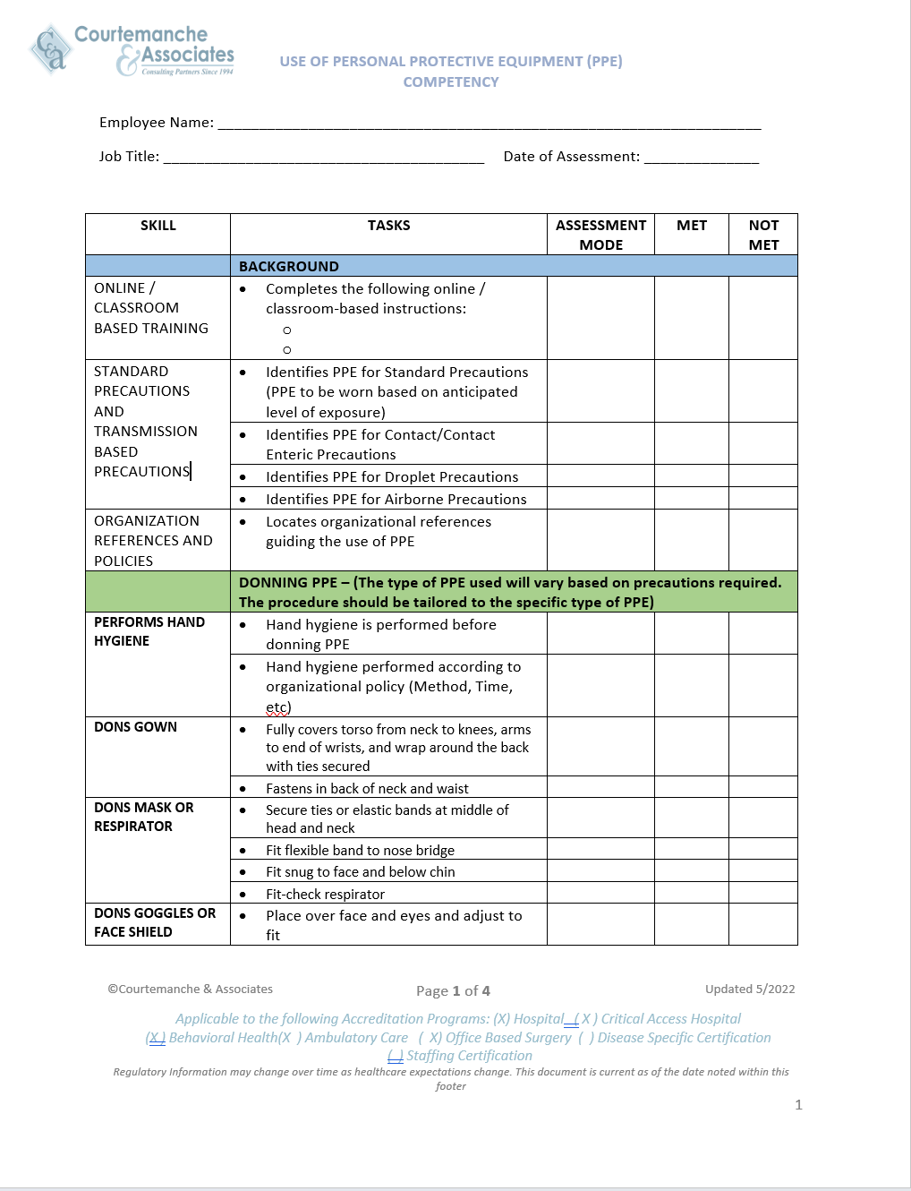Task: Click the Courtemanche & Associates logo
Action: coord(132,50)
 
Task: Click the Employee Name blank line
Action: coord(489,125)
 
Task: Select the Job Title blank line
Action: coord(323,159)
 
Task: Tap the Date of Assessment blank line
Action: coord(701,159)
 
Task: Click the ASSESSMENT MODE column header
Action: coord(600,235)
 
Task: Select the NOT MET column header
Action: coord(763,235)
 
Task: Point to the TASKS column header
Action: coord(388,226)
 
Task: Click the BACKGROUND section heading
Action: coord(289,267)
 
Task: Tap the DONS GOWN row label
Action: coord(136,727)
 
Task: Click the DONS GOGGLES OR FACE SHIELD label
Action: coord(155,922)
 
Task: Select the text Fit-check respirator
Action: coord(325,894)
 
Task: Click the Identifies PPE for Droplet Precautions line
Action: coord(392,477)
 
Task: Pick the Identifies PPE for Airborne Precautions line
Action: coord(396,500)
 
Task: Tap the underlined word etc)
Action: coord(278,707)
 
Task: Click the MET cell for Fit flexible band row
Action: coord(691,849)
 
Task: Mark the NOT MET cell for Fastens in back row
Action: coord(762,787)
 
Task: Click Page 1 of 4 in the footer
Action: coord(453,990)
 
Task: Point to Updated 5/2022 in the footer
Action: coord(750,989)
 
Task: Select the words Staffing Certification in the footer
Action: coord(469,1056)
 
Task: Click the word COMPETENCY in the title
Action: coord(451,82)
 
